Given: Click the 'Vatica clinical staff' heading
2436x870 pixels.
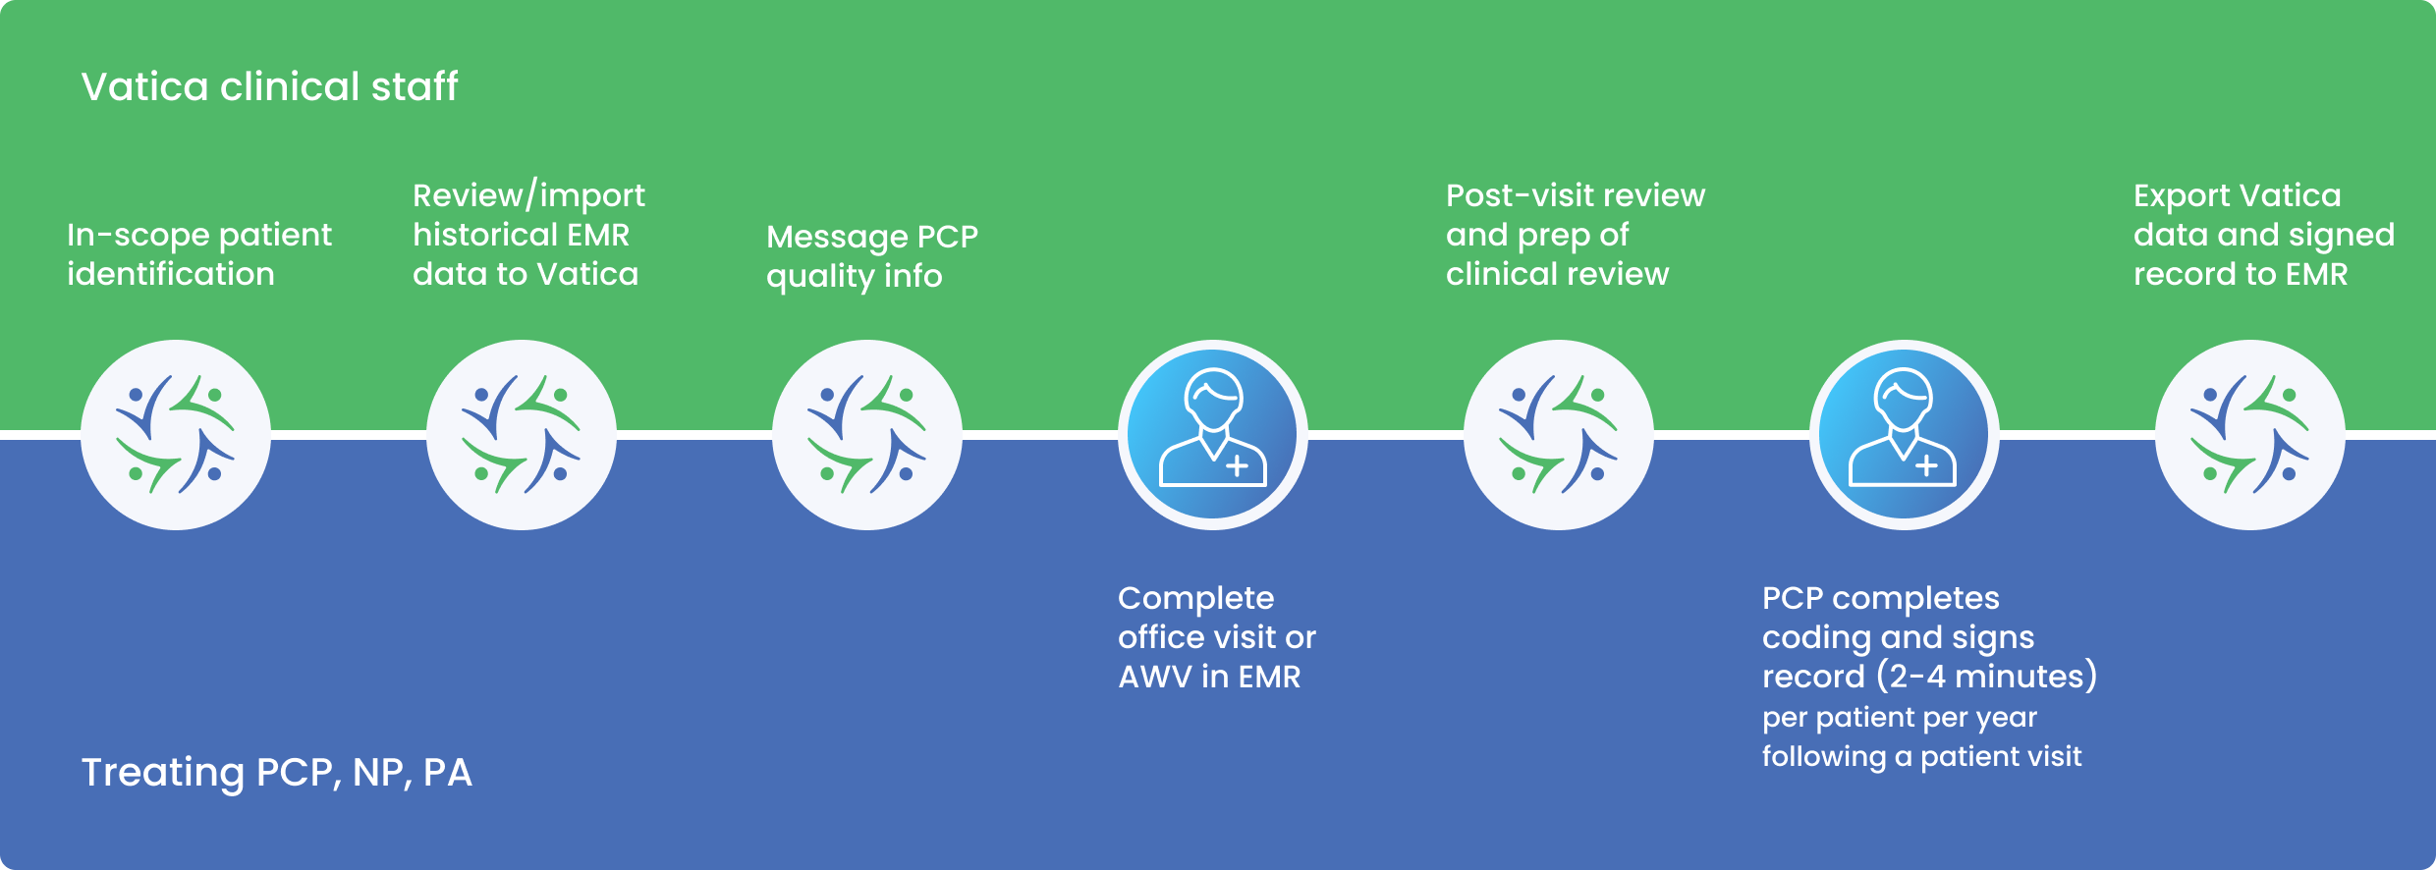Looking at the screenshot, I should tap(269, 86).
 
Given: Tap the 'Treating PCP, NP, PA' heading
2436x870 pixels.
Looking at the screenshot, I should tap(276, 773).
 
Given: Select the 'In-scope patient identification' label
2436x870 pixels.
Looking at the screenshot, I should tap(198, 254).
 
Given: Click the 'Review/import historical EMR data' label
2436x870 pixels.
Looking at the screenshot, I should tap(528, 235).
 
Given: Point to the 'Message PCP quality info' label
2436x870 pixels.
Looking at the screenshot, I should tap(871, 256).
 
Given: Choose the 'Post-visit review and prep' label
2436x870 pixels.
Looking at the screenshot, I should tap(1575, 235).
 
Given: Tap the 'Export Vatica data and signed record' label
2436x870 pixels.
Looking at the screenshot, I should tap(2263, 235).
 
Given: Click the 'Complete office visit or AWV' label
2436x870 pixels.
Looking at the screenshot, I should tap(1216, 637).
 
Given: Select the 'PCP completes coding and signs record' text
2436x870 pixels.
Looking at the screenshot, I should tap(1898, 637).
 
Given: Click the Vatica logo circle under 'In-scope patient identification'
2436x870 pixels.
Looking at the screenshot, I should tap(176, 435).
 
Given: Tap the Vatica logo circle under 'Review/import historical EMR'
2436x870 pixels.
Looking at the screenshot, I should tap(522, 435).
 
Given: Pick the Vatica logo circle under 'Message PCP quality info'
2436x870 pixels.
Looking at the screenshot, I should tap(867, 435).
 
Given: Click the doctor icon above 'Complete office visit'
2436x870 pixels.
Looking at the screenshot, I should tap(1213, 435).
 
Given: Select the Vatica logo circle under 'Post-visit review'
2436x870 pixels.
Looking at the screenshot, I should tap(1559, 435).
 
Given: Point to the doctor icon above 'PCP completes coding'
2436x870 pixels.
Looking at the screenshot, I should tap(1904, 435).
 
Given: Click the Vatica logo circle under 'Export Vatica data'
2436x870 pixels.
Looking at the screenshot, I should tap(2250, 435).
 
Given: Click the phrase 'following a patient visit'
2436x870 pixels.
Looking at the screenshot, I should tap(1921, 757).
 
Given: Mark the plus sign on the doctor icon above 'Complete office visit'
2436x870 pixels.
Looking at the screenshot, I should tap(1238, 465).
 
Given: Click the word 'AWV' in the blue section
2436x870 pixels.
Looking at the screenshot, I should tap(1154, 678).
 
